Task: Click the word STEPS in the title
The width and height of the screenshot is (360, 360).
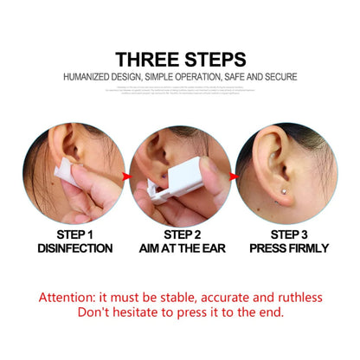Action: point(212,59)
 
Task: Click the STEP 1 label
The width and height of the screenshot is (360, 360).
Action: point(74,234)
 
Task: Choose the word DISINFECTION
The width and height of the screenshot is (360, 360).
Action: point(74,248)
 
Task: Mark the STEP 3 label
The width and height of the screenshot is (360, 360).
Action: point(289,234)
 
